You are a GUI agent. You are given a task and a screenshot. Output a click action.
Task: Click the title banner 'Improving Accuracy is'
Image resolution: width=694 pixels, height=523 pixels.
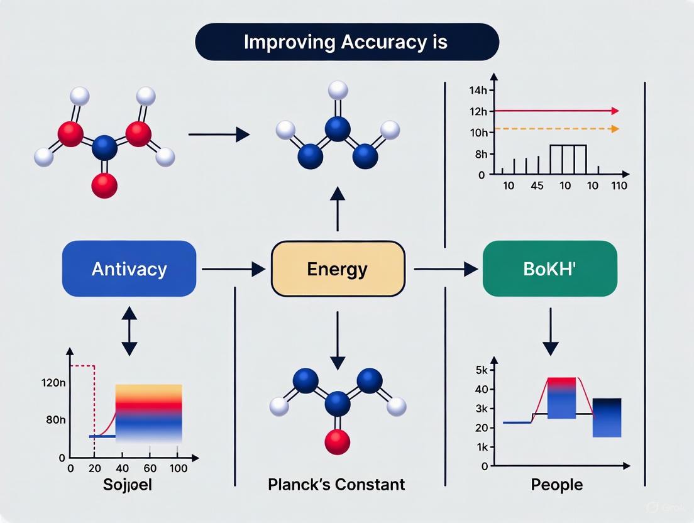tap(347, 42)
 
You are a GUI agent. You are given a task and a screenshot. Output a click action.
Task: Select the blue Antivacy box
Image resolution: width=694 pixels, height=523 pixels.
tap(129, 268)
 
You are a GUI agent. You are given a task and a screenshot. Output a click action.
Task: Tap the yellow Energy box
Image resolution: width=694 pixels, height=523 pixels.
tap(338, 269)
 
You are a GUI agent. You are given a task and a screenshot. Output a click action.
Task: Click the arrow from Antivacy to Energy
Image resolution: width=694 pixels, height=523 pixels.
tap(233, 269)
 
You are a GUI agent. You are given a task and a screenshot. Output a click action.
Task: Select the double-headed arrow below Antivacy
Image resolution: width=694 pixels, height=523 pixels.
tap(129, 331)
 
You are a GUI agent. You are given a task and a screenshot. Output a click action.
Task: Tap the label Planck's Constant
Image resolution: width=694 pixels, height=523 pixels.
tap(336, 485)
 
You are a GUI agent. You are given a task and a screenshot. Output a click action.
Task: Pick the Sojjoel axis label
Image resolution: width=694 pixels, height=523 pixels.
tap(129, 485)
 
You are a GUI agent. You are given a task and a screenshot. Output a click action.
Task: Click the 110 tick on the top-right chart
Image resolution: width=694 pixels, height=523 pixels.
tap(614, 186)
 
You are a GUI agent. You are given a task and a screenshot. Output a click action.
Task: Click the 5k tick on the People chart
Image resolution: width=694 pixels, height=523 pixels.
tap(482, 370)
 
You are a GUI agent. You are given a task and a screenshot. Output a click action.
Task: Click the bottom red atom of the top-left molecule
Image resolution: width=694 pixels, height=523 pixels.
tap(104, 185)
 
